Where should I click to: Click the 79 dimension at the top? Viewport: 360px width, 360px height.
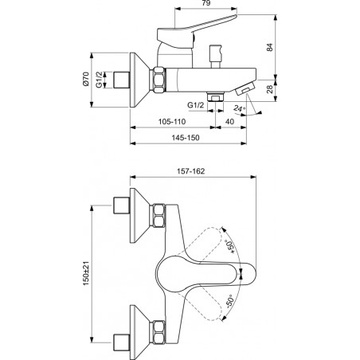pos(206,3)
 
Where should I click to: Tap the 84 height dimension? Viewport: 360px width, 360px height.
pos(269,47)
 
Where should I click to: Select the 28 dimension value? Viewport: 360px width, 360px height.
pos(269,89)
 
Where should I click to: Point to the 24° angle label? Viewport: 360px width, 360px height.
pos(239,109)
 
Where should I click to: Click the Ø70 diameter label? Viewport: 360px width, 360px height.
pos(85,79)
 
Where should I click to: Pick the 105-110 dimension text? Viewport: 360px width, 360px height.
pos(172,122)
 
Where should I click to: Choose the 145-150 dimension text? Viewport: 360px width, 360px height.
pos(186,138)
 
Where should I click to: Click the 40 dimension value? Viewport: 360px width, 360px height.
pos(229,122)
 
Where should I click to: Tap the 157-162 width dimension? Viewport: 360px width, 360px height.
pos(191,171)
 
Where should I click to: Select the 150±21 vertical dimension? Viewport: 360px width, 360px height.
pos(86,273)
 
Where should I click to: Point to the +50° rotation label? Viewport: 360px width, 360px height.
pos(230,247)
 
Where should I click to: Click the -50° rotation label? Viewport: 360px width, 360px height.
pos(230,301)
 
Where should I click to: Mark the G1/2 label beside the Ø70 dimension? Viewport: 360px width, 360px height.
pos(99,80)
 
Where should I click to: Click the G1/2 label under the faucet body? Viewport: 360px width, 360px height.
pos(196,105)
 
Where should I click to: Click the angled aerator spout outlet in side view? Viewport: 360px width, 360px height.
pos(245,88)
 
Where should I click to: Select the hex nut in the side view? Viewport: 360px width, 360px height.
pos(158,80)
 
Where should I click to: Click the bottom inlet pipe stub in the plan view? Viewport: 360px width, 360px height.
pos(122,342)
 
